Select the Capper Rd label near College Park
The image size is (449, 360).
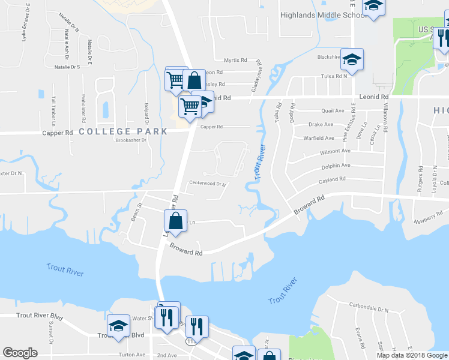tap(57, 132)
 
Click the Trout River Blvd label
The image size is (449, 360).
tap(40, 316)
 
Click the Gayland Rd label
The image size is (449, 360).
tap(334, 179)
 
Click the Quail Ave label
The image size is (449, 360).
tap(333, 111)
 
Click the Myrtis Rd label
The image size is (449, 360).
tap(235, 61)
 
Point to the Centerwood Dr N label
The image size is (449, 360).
tap(206, 184)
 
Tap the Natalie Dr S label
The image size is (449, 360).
tap(67, 67)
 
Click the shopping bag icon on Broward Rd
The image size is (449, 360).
tap(175, 221)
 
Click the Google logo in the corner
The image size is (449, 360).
tap(20, 353)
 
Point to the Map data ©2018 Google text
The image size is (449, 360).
tap(412, 355)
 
